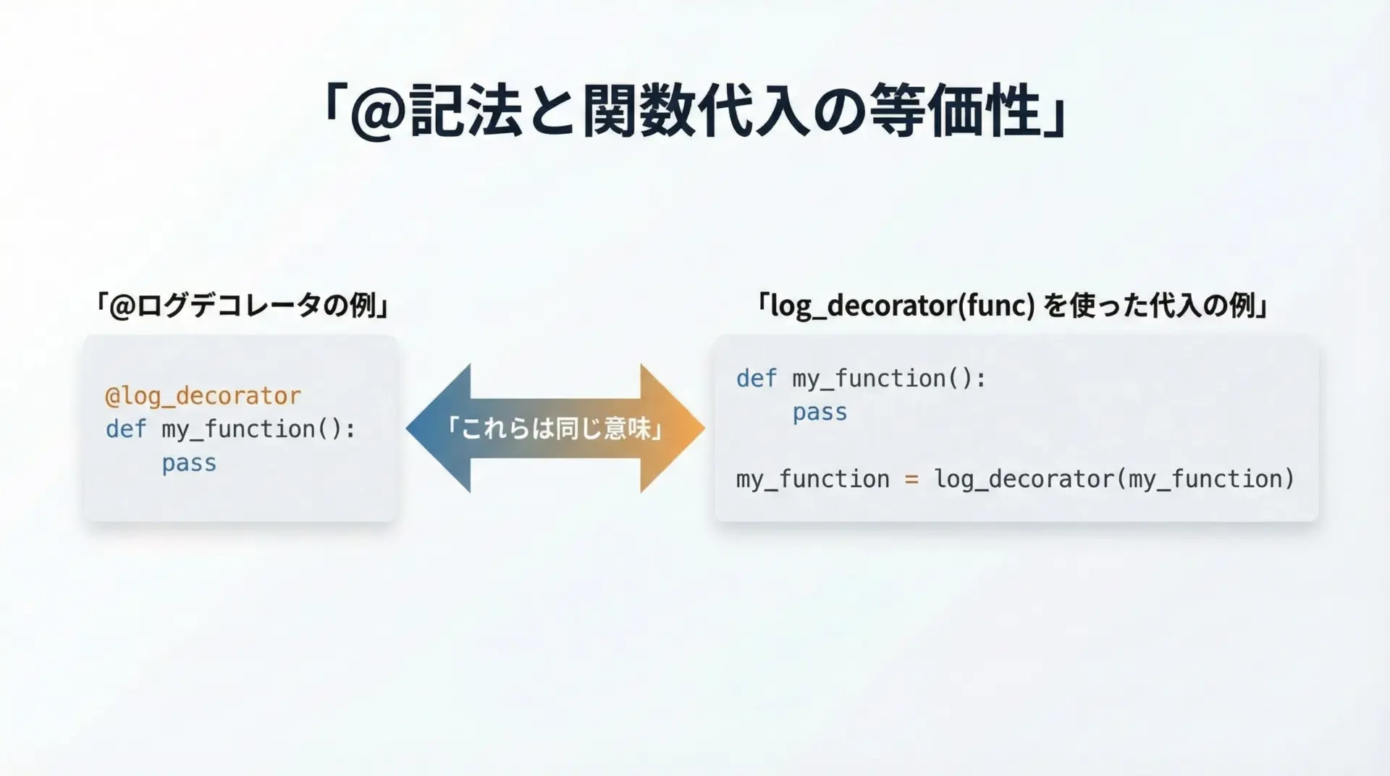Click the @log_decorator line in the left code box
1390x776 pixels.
click(x=203, y=396)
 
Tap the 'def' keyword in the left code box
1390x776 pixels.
click(x=126, y=429)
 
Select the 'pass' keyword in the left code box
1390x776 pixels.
click(x=189, y=463)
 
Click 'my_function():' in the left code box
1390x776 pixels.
click(x=258, y=429)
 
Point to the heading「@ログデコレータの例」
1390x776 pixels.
click(x=242, y=305)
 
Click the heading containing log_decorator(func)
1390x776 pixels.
click(x=1012, y=305)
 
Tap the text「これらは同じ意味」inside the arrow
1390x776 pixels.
click(x=555, y=429)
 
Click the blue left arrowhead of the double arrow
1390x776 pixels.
click(x=438, y=429)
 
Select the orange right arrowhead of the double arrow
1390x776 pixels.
click(x=673, y=429)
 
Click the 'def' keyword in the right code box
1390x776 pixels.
click(x=757, y=378)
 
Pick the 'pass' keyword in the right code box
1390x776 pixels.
click(x=820, y=413)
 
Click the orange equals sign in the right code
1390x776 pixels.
click(x=911, y=479)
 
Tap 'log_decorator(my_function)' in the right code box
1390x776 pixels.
click(x=1114, y=479)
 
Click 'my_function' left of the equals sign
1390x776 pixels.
click(x=813, y=479)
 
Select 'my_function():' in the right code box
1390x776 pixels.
click(x=889, y=379)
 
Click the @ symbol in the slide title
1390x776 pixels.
click(x=378, y=113)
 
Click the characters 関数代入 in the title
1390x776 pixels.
click(x=696, y=111)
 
